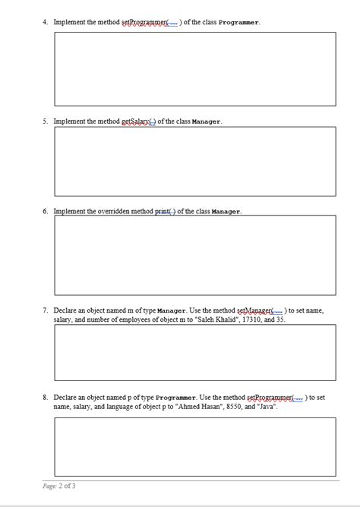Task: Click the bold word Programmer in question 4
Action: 238,22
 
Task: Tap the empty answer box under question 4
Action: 194,68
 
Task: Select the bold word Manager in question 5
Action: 204,121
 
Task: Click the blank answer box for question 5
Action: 194,161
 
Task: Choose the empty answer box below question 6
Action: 194,254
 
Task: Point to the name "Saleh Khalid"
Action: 182,320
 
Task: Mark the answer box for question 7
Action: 194,351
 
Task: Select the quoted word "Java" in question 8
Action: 267,407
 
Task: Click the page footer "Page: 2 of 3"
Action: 59,486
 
